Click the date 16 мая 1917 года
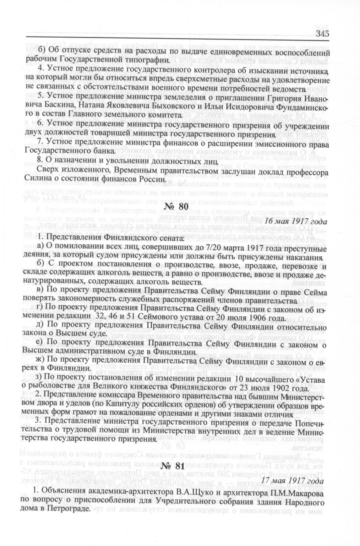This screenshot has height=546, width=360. pyautogui.click(x=292, y=221)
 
